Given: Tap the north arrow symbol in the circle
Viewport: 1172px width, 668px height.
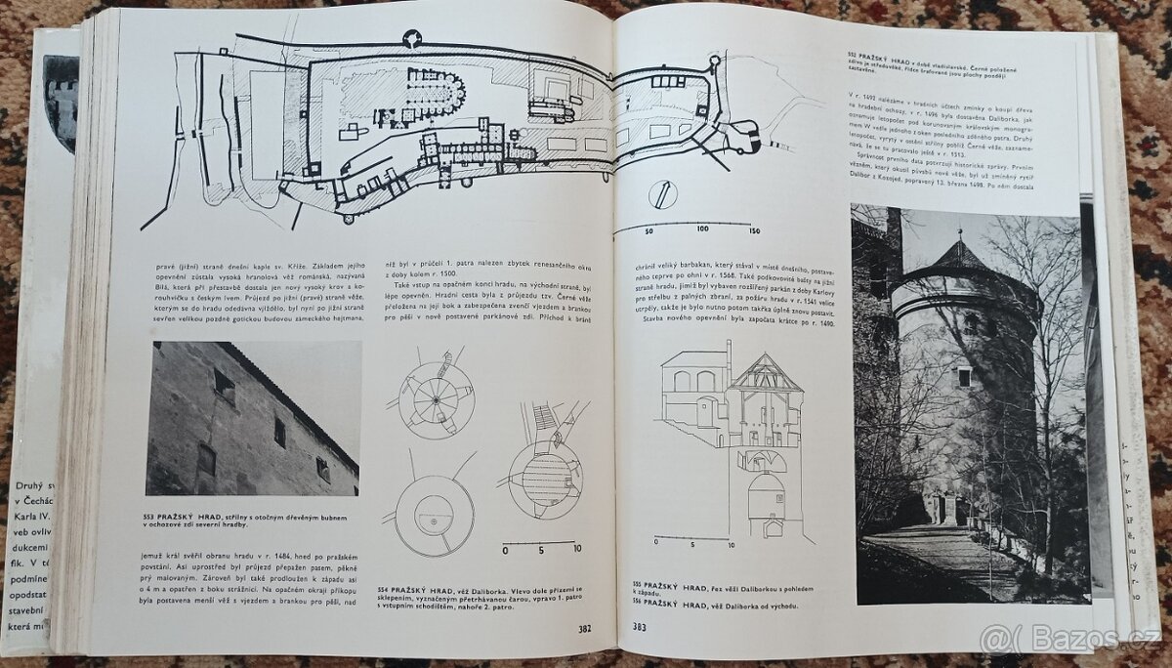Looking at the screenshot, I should pyautogui.click(x=663, y=194).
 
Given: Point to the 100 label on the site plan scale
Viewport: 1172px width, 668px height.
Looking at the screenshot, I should pyautogui.click(x=702, y=229).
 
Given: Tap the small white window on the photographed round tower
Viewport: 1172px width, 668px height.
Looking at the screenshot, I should pyautogui.click(x=963, y=376).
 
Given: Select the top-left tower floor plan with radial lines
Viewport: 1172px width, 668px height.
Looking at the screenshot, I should pyautogui.click(x=436, y=398).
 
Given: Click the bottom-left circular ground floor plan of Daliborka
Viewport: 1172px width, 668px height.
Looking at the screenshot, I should pyautogui.click(x=434, y=515).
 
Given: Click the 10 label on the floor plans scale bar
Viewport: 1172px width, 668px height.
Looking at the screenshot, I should pyautogui.click(x=576, y=549).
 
